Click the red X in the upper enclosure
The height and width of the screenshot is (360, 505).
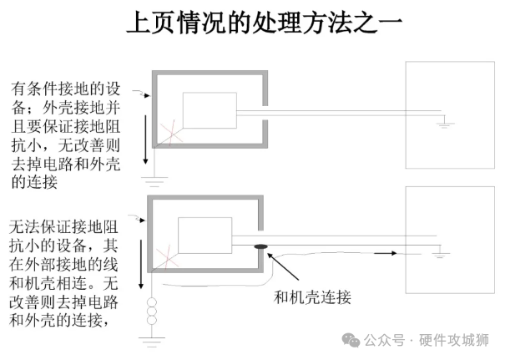pos(171,132)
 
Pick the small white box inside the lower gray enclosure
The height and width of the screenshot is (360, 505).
pos(205,235)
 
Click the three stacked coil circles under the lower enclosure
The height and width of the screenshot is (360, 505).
pos(151,311)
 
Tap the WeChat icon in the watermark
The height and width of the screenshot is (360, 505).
pos(354,340)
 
